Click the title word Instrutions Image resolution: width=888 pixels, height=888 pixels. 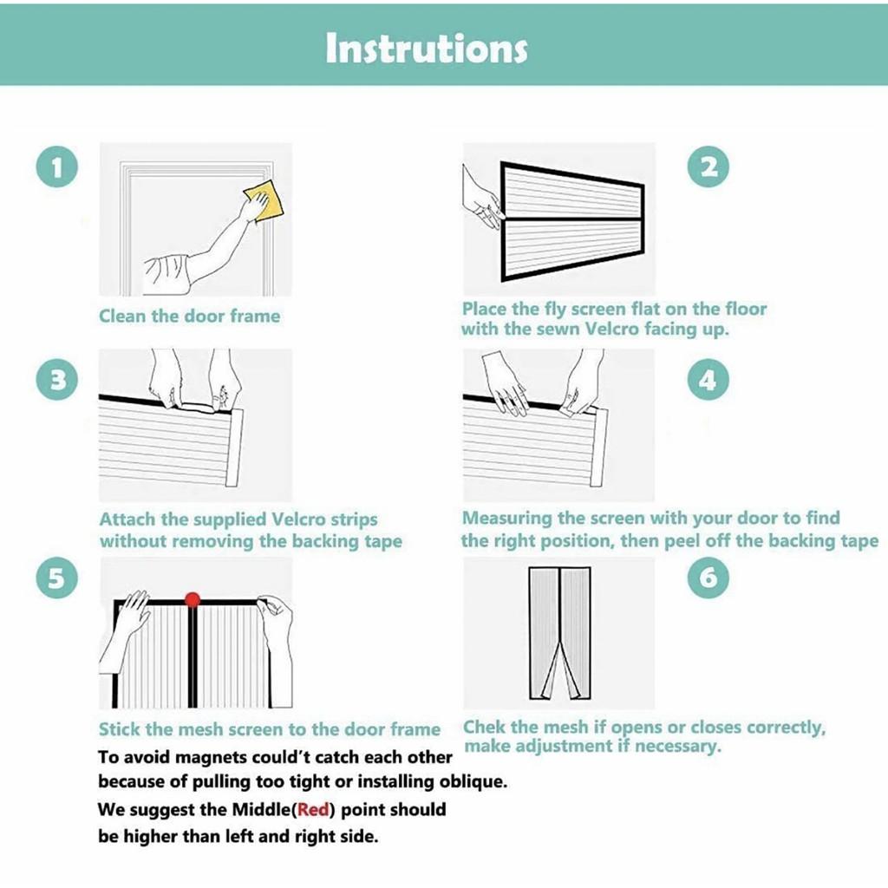click(x=427, y=48)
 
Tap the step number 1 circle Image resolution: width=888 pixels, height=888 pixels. click(x=57, y=167)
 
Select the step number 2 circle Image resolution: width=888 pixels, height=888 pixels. click(x=708, y=166)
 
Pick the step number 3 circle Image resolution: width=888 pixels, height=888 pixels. click(x=57, y=379)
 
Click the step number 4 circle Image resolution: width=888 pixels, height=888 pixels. click(x=708, y=379)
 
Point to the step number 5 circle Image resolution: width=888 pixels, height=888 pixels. click(x=57, y=578)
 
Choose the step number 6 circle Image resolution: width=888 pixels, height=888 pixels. click(x=708, y=578)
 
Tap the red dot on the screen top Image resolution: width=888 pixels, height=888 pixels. click(x=193, y=599)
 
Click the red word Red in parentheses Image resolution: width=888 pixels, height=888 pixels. click(x=313, y=809)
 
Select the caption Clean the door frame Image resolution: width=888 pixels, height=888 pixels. click(x=189, y=316)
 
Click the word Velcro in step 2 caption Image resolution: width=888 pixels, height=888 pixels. click(x=611, y=329)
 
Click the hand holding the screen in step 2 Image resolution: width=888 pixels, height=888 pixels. click(x=480, y=199)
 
